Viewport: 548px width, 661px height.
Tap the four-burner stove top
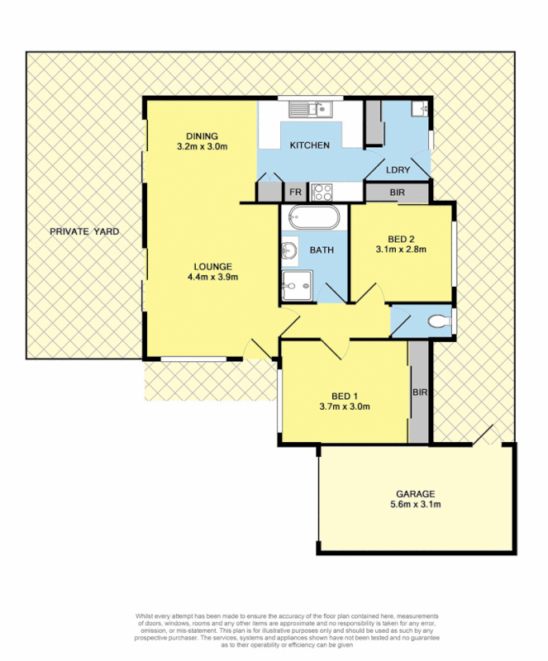(x=322, y=193)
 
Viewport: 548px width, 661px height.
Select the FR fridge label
(x=294, y=193)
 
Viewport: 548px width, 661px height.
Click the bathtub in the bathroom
(x=313, y=219)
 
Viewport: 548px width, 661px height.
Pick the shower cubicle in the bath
(x=296, y=285)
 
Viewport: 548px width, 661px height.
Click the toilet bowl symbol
(x=439, y=321)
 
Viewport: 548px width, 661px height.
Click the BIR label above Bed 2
(x=398, y=193)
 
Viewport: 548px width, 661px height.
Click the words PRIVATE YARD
(x=83, y=232)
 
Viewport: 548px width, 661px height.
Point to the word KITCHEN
(x=309, y=145)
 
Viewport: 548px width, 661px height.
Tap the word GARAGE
(x=416, y=493)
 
